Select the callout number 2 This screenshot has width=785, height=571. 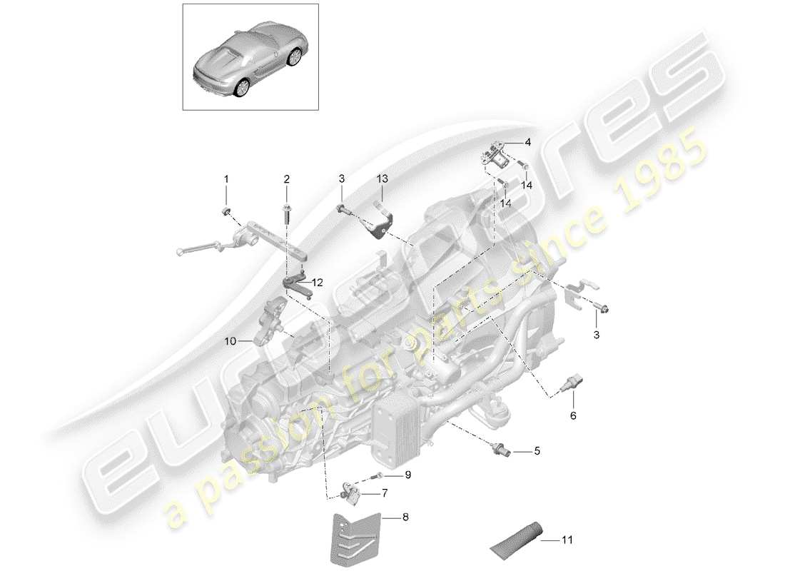point(286,178)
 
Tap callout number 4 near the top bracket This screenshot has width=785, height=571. point(528,142)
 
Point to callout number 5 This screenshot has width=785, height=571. point(537,452)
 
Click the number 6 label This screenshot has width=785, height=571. point(572,414)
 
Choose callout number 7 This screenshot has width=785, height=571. point(385,492)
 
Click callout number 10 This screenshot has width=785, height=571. point(230,341)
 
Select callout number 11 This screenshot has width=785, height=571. point(568,540)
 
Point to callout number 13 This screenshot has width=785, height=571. point(382,178)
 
